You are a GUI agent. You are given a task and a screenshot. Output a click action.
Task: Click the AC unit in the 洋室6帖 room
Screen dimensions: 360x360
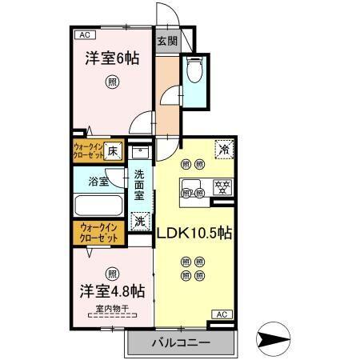pos(84,35)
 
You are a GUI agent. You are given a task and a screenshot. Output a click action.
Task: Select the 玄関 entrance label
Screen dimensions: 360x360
pos(166,42)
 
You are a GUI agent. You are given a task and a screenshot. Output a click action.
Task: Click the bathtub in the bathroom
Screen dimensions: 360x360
pos(98,206)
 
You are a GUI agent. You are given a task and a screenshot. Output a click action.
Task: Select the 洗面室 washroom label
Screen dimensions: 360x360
pos(139,185)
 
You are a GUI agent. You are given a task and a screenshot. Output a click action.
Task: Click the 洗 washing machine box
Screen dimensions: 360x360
pos(139,219)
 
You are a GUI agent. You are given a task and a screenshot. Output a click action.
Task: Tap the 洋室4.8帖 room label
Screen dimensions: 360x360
pos(111,290)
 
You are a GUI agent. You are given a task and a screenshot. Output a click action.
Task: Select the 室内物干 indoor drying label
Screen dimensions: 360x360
pos(112,308)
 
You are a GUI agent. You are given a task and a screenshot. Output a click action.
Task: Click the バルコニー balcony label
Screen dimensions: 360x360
pos(181,342)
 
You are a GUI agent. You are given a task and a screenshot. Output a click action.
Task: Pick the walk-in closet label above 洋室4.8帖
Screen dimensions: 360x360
pos(98,234)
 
